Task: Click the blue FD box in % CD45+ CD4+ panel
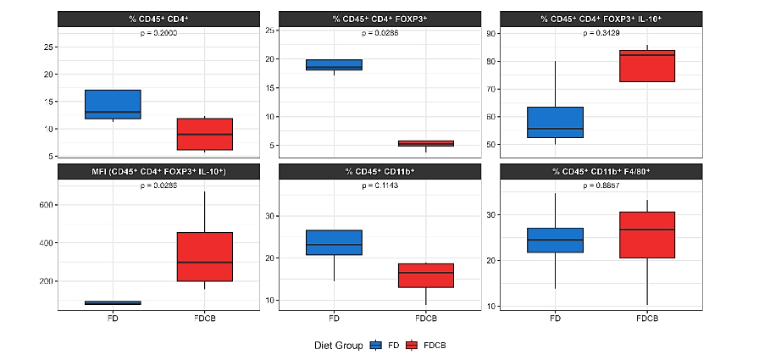point(112,104)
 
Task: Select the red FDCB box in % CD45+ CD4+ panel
point(204,134)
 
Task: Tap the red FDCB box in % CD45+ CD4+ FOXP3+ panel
point(426,143)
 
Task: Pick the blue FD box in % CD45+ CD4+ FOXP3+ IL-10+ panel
point(555,122)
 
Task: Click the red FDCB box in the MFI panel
point(204,257)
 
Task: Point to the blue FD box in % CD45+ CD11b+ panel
point(334,242)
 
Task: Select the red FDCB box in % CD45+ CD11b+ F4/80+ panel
point(647,235)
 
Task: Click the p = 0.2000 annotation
point(158,33)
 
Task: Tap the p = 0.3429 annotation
point(601,33)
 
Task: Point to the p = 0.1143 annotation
point(380,185)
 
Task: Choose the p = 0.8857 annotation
point(601,185)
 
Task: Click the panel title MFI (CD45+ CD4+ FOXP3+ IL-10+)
point(158,172)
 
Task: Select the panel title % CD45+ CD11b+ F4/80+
point(601,172)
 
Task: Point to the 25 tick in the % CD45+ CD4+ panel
point(47,47)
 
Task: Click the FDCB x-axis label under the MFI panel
point(204,318)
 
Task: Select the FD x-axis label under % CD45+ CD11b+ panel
point(334,318)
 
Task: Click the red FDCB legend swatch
point(413,346)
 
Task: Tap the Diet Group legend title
point(337,346)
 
